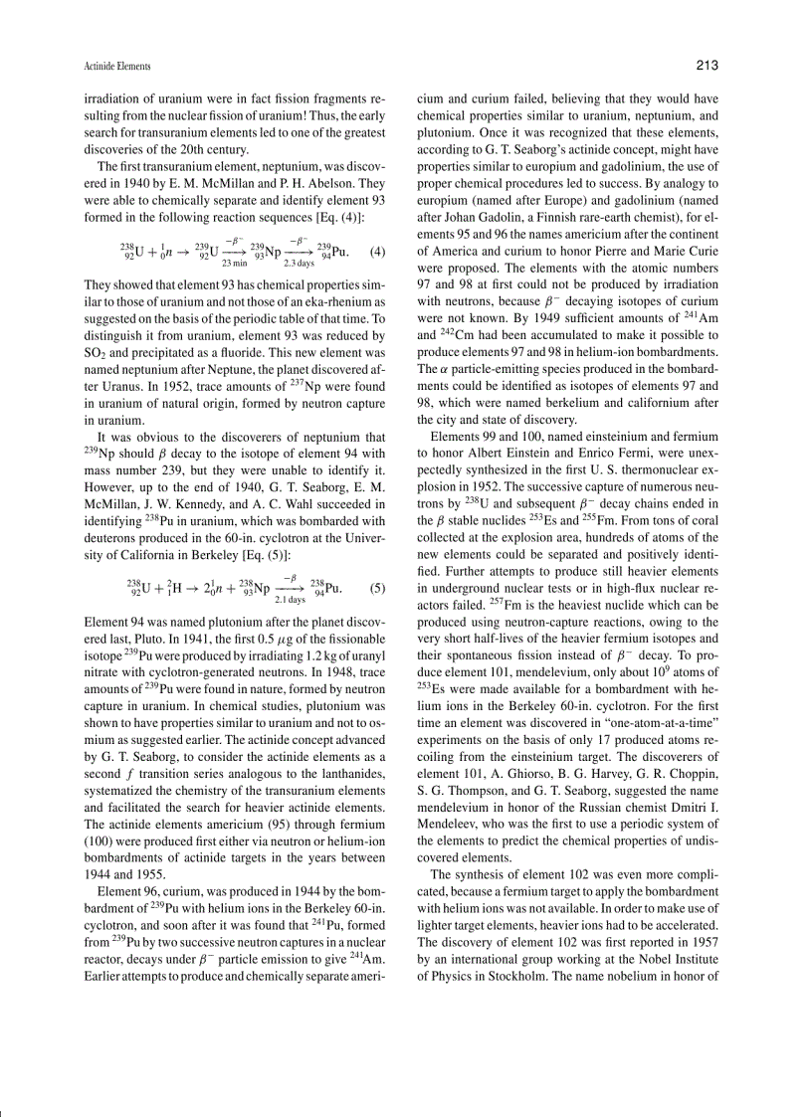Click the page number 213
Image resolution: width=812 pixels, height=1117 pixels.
click(708, 66)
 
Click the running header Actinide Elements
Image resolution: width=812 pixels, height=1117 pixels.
click(116, 67)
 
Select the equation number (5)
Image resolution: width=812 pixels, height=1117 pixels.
click(377, 587)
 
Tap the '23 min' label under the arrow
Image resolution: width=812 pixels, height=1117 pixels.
click(235, 264)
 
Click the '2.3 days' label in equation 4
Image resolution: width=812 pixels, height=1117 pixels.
click(299, 264)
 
